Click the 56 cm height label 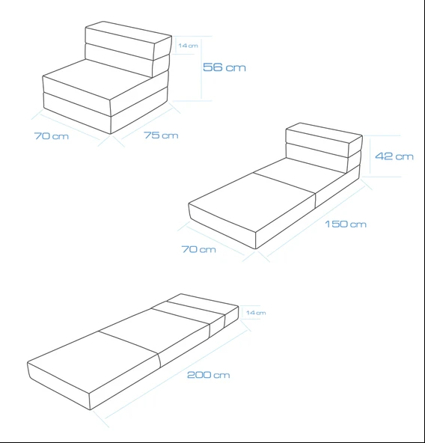pyautogui.click(x=224, y=67)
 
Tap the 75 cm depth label pyautogui.click(x=161, y=135)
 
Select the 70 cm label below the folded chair pyautogui.click(x=52, y=136)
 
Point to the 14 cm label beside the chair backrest pyautogui.click(x=188, y=46)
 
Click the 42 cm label pyautogui.click(x=394, y=156)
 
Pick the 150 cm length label pyautogui.click(x=346, y=224)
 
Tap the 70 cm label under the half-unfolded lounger pyautogui.click(x=198, y=249)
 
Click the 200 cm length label pyautogui.click(x=209, y=375)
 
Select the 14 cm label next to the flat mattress pyautogui.click(x=256, y=313)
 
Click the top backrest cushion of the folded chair pyautogui.click(x=129, y=40)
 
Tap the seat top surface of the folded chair pyautogui.click(x=97, y=79)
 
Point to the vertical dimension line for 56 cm pyautogui.click(x=201, y=68)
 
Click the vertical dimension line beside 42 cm pyautogui.click(x=370, y=155)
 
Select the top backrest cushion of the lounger pyautogui.click(x=324, y=140)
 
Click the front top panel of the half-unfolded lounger pyautogui.click(x=252, y=202)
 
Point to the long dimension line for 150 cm pyautogui.click(x=317, y=221)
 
